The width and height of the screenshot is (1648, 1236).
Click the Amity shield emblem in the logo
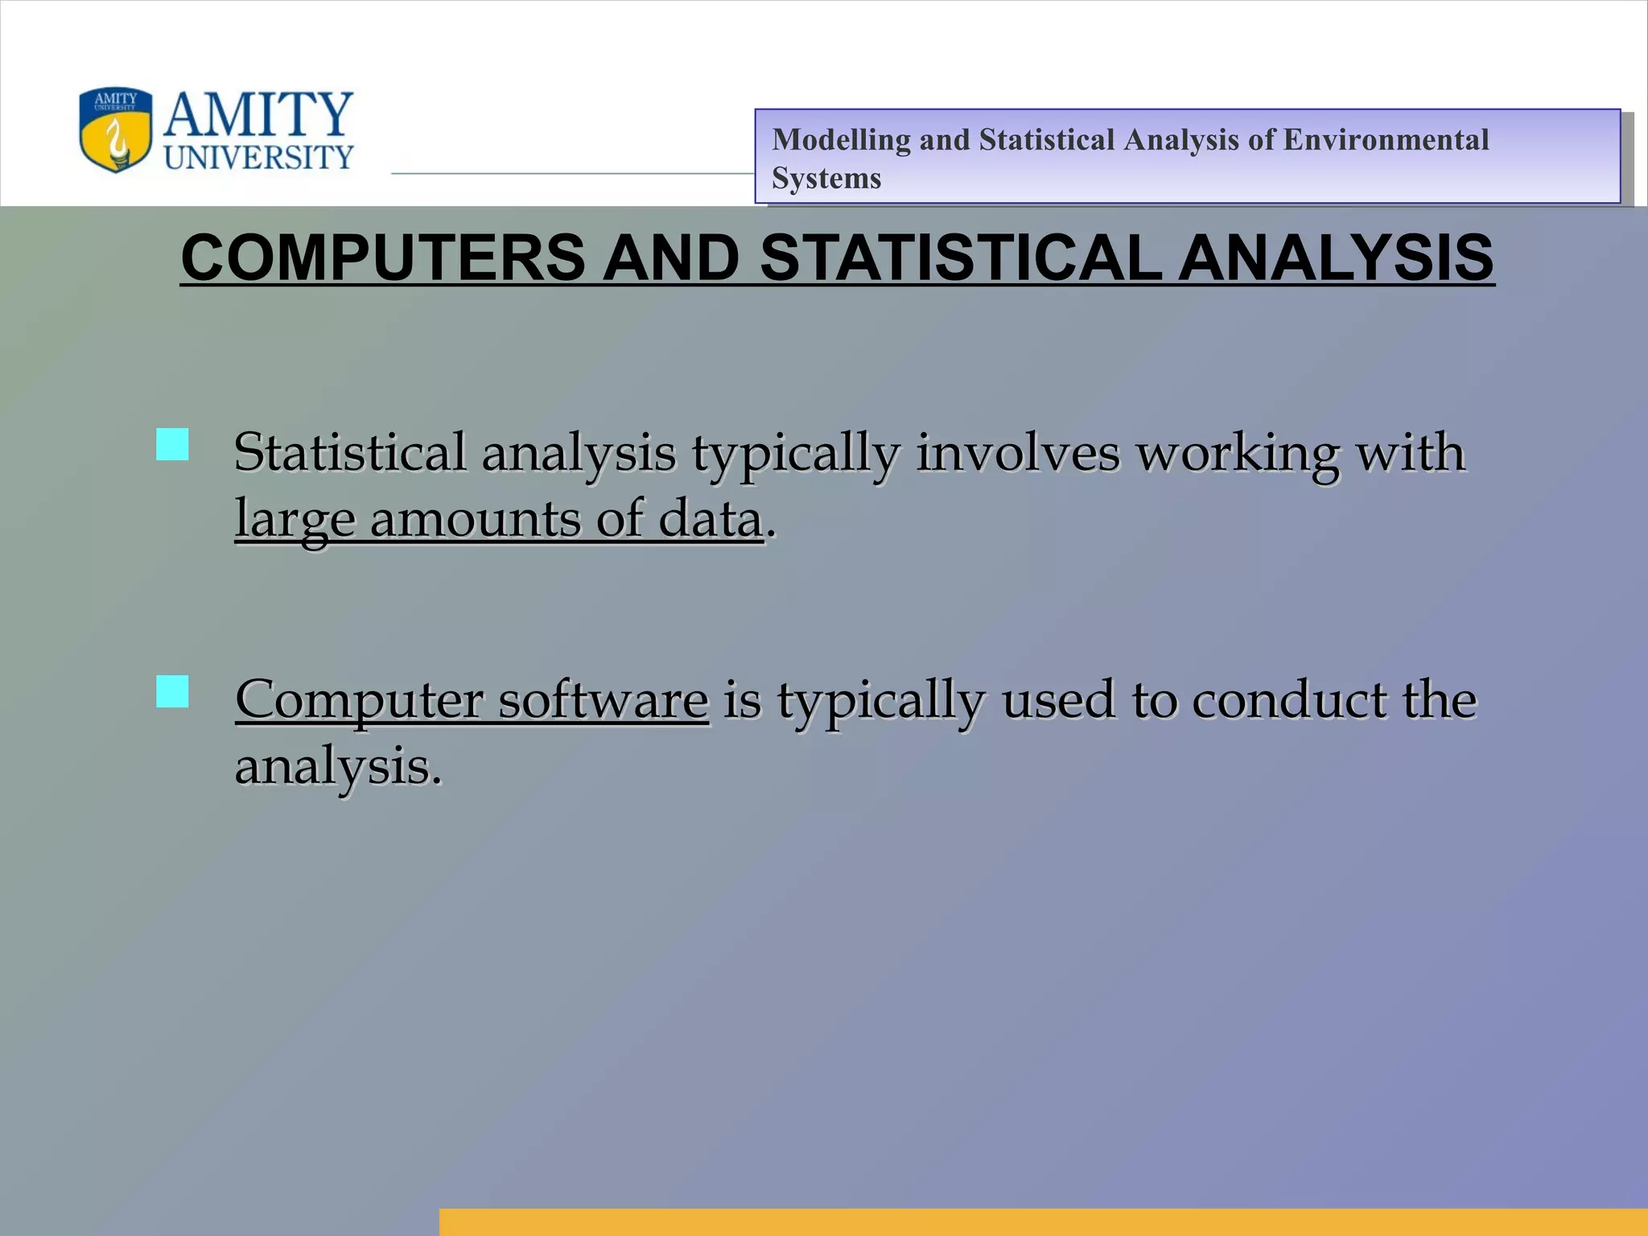coord(115,130)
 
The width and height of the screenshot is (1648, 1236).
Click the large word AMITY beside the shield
coord(258,115)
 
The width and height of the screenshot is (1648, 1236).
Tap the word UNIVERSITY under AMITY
coord(258,157)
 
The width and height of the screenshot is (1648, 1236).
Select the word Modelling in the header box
coord(840,140)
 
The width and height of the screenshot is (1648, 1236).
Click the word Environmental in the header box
coord(1386,140)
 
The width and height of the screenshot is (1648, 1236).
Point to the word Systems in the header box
coord(826,178)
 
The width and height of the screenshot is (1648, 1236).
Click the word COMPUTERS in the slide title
coord(383,258)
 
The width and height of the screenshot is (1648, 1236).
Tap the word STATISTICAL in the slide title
coord(960,258)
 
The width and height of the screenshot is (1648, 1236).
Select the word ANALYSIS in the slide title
coord(1336,258)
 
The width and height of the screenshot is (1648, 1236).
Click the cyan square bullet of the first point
coord(172,444)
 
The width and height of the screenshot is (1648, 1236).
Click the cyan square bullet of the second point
coord(172,691)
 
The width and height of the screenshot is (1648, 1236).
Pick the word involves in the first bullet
coord(1017,452)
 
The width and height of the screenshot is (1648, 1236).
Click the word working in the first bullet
coord(1237,452)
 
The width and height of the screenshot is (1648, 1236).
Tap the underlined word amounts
coord(474,519)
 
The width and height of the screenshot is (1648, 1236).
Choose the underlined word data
coord(710,519)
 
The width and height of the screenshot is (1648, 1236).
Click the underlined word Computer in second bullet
coord(358,700)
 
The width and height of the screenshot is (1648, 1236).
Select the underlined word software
coord(603,700)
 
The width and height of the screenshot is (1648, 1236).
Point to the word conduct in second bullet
coord(1288,700)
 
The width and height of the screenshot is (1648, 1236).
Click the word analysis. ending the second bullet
coord(338,767)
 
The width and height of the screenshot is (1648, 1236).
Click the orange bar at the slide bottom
coord(1043,1221)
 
